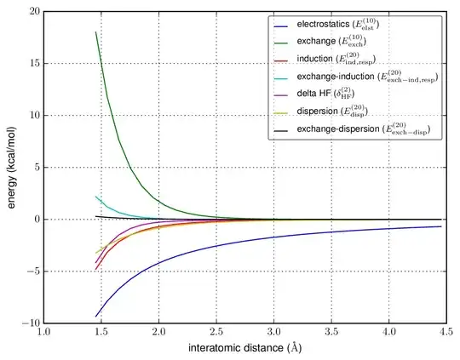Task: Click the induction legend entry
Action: coord(343,59)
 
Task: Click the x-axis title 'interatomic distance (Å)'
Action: coord(244,350)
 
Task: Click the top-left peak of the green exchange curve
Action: coord(95,32)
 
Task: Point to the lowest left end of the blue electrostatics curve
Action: coord(95,317)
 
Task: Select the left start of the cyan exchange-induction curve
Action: coord(95,197)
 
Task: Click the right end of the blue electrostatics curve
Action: coord(441,226)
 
